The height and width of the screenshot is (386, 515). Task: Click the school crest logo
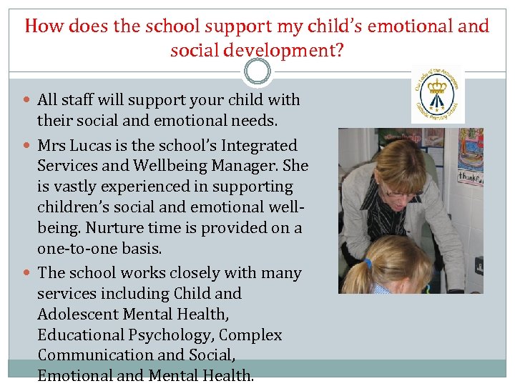(x=438, y=94)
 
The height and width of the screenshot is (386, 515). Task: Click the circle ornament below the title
(x=257, y=71)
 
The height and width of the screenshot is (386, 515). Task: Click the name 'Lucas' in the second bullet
(x=95, y=146)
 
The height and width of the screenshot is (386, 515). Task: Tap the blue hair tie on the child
(x=369, y=264)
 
